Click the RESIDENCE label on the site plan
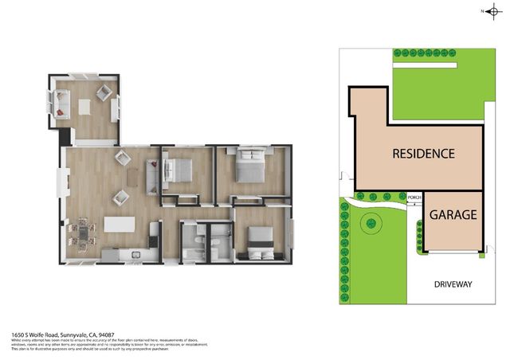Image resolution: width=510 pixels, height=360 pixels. tap(422, 154)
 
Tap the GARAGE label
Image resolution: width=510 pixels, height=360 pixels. tap(453, 215)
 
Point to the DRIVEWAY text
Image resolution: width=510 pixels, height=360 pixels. tap(453, 284)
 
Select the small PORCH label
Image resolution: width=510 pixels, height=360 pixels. tap(414, 198)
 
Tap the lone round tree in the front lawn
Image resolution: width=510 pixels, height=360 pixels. tap(370, 225)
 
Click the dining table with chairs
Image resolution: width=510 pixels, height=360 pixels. tap(82, 232)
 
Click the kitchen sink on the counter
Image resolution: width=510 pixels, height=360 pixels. tap(135, 255)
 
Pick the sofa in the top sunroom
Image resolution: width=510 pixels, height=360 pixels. tap(61, 101)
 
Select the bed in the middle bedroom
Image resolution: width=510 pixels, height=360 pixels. tap(182, 170)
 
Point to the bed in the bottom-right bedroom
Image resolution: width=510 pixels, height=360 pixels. tap(257, 240)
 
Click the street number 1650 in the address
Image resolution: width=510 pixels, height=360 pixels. tap(16, 335)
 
